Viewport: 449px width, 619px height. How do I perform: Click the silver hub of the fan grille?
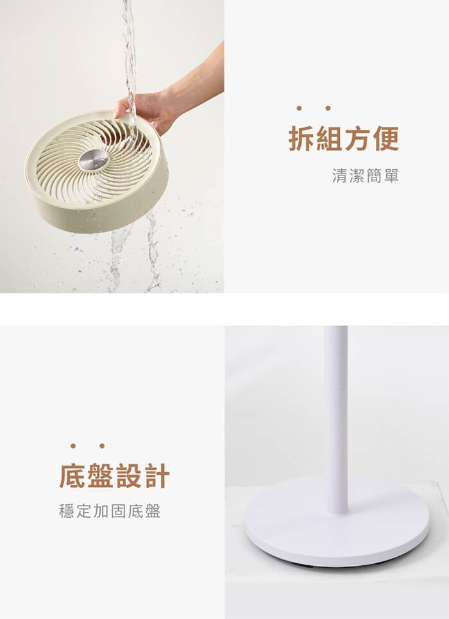pos(93,160)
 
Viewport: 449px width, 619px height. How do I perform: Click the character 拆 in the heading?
pos(301,138)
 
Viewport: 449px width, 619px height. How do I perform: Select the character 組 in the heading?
pos(330,138)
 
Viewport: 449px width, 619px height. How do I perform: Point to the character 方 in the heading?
pos(358,138)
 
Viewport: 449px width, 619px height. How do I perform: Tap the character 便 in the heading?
pos(385,138)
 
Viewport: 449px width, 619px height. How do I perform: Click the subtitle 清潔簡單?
pos(365,176)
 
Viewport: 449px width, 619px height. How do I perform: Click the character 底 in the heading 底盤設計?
pos(72,476)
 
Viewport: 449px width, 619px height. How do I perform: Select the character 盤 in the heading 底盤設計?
pos(101,476)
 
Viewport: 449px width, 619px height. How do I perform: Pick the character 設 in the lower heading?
pos(128,476)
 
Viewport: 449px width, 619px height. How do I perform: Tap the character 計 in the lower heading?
pos(157,476)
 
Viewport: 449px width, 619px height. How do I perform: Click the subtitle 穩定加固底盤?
pos(110,511)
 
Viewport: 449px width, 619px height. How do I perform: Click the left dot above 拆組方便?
pos(299,108)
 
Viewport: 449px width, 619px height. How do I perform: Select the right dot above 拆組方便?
pos(328,108)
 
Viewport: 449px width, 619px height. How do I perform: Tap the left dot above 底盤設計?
pos(73,446)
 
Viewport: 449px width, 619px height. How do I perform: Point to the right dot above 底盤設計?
pos(102,446)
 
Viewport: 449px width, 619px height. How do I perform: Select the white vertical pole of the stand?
pos(336,418)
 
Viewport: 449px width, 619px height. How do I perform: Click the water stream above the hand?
pos(129,47)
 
